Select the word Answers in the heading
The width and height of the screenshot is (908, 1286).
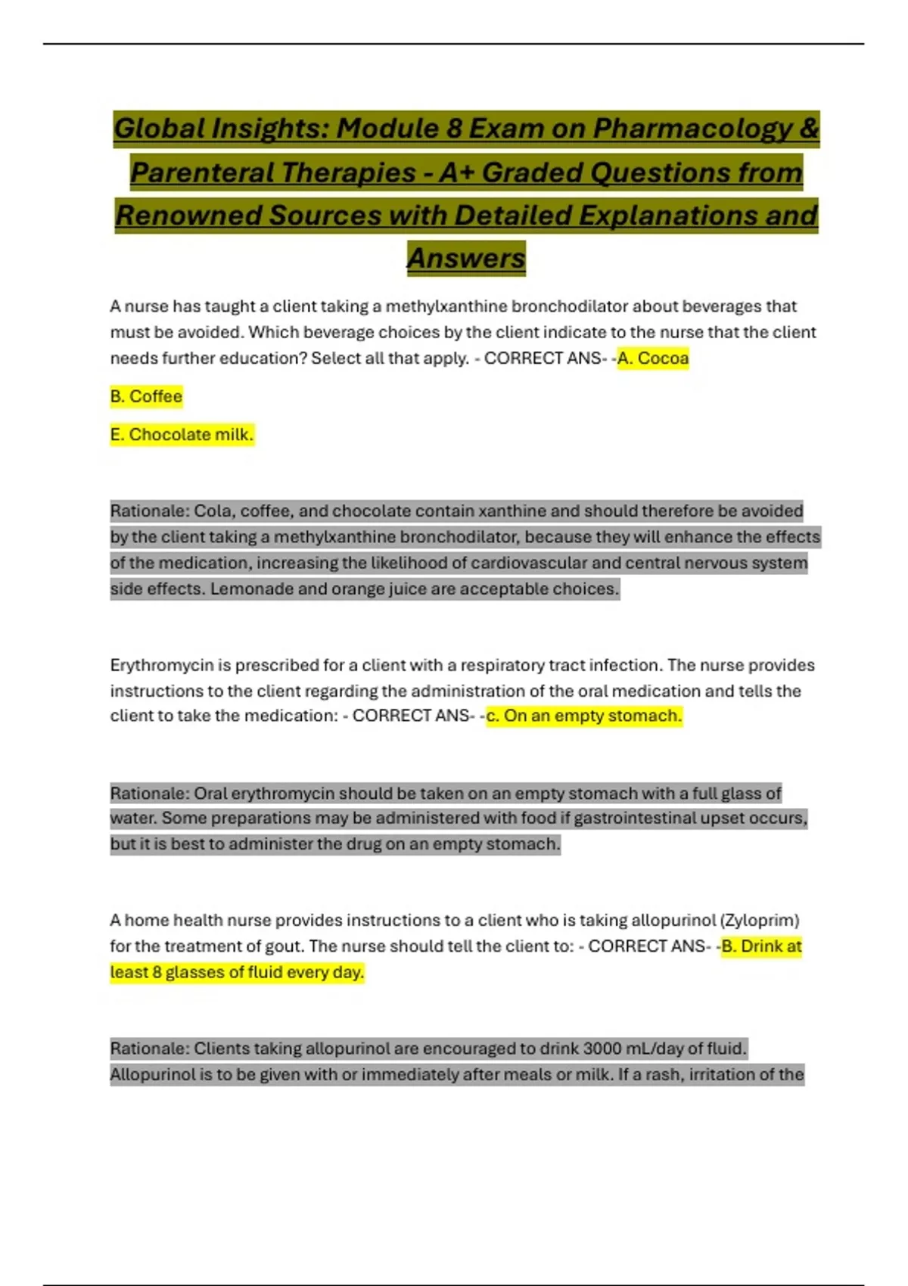(466, 259)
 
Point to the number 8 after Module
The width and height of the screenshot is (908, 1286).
(454, 129)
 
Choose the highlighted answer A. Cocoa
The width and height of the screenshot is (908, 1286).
(653, 358)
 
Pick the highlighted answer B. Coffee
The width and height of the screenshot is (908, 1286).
(146, 396)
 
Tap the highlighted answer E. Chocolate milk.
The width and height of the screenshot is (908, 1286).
(182, 435)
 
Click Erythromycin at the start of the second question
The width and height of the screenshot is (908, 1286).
(161, 666)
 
